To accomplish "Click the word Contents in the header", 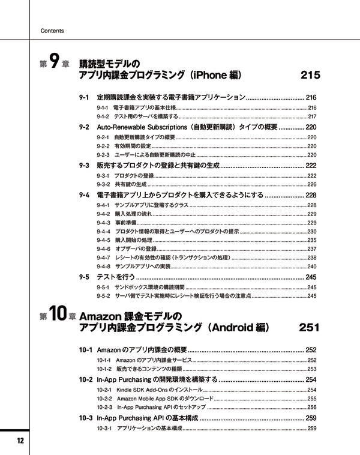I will [52, 31].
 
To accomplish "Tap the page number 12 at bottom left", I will [20, 441].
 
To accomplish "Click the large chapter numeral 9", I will [55, 61].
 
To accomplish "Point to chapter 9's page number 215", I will [310, 76].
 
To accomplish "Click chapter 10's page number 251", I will [310, 328].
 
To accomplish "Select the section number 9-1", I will [84, 97].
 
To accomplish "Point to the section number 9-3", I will [84, 165].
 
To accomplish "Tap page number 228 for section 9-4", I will [311, 195].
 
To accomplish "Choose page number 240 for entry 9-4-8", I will [312, 266].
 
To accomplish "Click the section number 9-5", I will [84, 277].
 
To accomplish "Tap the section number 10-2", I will [85, 380].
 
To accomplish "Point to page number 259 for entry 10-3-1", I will [312, 428].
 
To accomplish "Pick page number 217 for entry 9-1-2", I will [312, 116].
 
